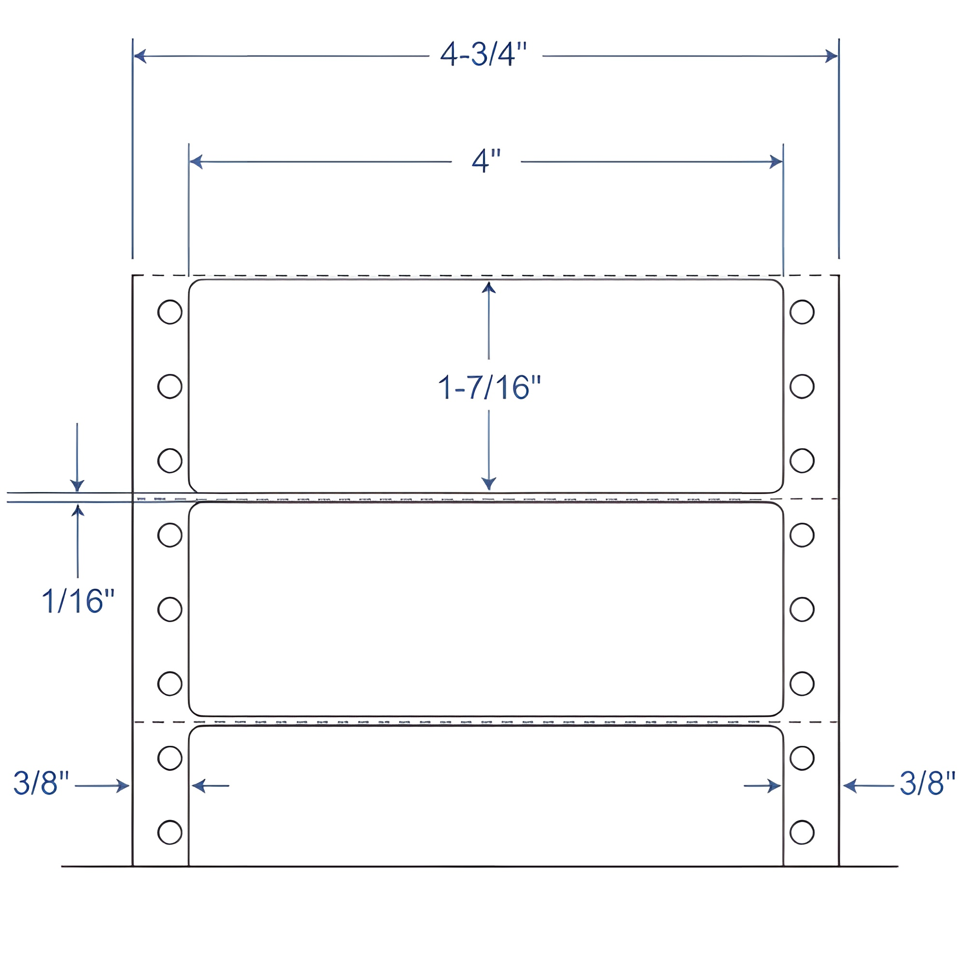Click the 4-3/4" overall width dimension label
[483, 55]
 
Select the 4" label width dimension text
[486, 161]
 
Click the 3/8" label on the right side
[927, 783]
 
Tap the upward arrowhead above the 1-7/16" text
[488, 287]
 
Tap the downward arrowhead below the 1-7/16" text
[488, 483]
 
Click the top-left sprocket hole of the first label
[170, 312]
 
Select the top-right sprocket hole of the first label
[802, 312]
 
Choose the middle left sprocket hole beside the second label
[170, 609]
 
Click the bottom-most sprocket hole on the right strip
[802, 832]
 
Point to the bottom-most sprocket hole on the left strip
[170, 832]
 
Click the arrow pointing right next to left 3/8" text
[122, 785]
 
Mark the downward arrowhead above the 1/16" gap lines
[77, 485]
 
